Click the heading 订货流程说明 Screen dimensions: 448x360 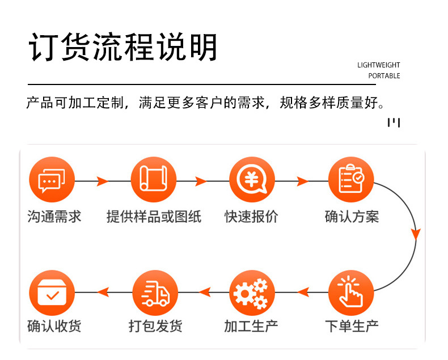pyautogui.click(x=123, y=48)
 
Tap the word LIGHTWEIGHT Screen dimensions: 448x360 pyautogui.click(x=378, y=65)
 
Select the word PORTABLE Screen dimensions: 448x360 pyautogui.click(x=384, y=76)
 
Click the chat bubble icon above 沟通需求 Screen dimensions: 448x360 pyautogui.click(x=52, y=180)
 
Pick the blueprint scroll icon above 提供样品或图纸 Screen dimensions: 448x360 pyautogui.click(x=153, y=180)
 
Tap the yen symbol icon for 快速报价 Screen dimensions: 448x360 pyautogui.click(x=252, y=180)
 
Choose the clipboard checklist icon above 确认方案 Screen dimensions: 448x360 pyautogui.click(x=351, y=180)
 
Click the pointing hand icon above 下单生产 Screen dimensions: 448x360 pyautogui.click(x=351, y=293)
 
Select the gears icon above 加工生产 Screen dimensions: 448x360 pyautogui.click(x=252, y=293)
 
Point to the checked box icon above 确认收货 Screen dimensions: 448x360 pyautogui.click(x=52, y=293)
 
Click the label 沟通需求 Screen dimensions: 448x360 pyautogui.click(x=54, y=217)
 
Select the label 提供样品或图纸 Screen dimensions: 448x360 pyautogui.click(x=154, y=217)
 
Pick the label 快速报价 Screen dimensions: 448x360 pyautogui.click(x=251, y=217)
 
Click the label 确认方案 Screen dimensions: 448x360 pyautogui.click(x=352, y=217)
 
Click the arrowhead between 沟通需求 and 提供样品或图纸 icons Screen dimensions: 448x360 pyautogui.click(x=102, y=181)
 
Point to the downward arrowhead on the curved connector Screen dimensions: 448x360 pyautogui.click(x=416, y=233)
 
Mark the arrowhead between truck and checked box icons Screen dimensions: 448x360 pyautogui.click(x=103, y=292)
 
